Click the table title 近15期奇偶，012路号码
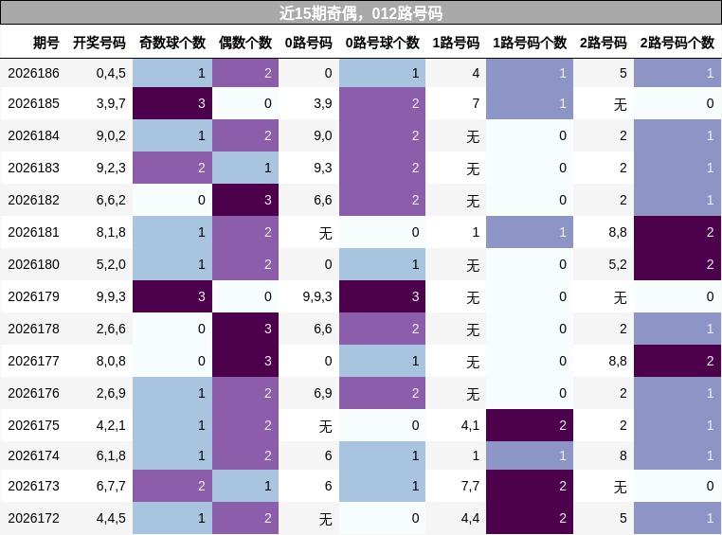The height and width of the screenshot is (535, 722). pos(361,13)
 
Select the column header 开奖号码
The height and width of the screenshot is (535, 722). pos(99,43)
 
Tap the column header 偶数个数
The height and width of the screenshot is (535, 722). pos(245,43)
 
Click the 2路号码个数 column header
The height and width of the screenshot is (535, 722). pos(677,43)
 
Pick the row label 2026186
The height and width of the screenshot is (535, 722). pos(33,73)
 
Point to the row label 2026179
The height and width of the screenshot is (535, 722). pos(33,296)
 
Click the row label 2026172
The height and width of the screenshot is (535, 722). pos(33,518)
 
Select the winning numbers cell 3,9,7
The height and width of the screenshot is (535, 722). pos(111,103)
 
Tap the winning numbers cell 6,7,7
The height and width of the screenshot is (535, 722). pos(111,486)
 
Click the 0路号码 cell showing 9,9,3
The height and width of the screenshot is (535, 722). pos(317,296)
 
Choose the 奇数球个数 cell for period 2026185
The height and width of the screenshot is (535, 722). pos(172,103)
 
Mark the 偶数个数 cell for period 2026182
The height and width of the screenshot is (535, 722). pos(245,200)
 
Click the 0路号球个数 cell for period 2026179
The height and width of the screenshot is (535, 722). pos(382,296)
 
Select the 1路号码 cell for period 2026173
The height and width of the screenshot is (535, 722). pos(470,486)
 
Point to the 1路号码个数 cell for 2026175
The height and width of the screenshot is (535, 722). pos(530,425)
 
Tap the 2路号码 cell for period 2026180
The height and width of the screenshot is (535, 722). pos(618,264)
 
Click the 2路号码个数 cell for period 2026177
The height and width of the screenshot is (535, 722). pos(677,361)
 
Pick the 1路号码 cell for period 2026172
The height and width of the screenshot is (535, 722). pos(470,518)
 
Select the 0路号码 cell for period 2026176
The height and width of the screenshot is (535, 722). pos(323,393)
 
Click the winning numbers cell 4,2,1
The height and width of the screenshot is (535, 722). pos(111,425)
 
